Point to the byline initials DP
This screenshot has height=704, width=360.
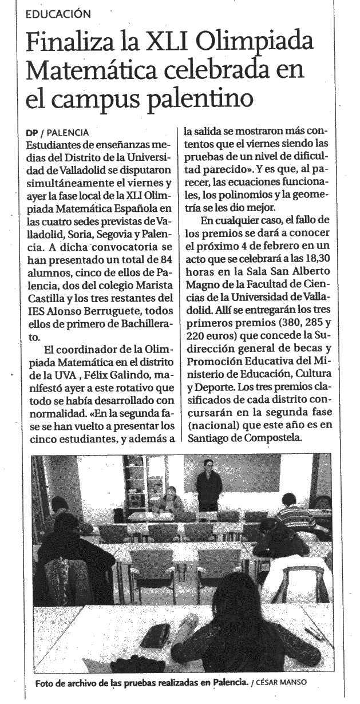(33, 132)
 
